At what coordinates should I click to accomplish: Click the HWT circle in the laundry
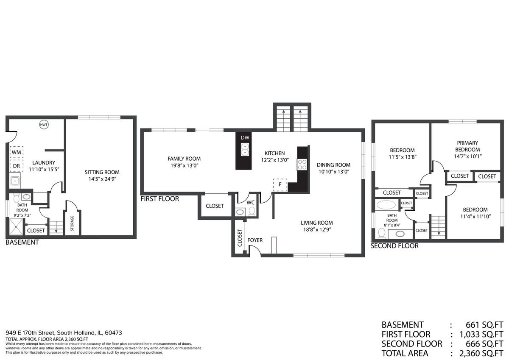[x=44, y=125]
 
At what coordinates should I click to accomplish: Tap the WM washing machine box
[x=17, y=152]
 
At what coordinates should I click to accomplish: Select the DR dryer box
[x=17, y=166]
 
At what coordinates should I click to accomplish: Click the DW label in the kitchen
[x=245, y=138]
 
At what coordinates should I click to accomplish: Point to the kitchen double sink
[x=245, y=150]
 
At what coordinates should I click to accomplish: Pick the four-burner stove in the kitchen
[x=302, y=165]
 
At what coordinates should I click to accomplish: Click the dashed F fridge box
[x=280, y=185]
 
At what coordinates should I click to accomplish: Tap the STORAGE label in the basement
[x=72, y=223]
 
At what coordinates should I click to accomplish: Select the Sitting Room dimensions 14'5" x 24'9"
[x=102, y=179]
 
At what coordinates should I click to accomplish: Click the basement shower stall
[x=16, y=227]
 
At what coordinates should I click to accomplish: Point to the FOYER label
[x=255, y=240]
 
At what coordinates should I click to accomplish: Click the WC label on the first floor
[x=250, y=203]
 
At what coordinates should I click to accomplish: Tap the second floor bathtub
[x=386, y=205]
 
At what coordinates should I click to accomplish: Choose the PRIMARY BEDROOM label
[x=467, y=146]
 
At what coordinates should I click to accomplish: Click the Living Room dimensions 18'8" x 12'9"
[x=317, y=230]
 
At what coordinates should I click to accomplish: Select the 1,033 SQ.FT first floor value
[x=481, y=334]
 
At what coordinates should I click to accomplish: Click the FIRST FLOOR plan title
[x=160, y=199]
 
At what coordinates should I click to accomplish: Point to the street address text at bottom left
[x=64, y=333]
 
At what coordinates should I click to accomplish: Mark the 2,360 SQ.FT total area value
[x=481, y=353]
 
